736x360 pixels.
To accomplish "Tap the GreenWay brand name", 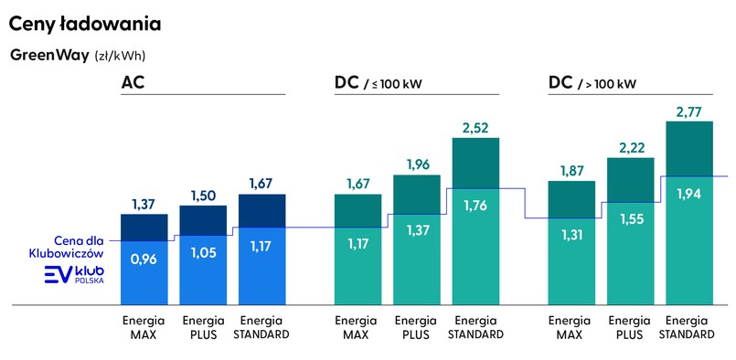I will tap(49, 55).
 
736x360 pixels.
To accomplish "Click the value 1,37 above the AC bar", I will tap(144, 202).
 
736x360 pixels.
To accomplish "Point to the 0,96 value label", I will tap(144, 259).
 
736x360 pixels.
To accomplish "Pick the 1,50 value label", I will tap(203, 195).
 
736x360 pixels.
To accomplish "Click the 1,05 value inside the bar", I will tap(203, 253).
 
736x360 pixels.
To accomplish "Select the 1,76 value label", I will tap(475, 206).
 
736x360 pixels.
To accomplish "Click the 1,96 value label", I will tap(416, 164).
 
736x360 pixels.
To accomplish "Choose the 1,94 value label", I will tap(688, 193).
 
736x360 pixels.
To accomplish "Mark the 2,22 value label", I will tap(631, 146).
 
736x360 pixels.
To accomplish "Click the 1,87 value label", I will tap(571, 170).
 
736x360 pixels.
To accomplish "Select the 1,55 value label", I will tap(631, 219).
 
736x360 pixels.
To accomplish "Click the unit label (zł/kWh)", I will tap(120, 56).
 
